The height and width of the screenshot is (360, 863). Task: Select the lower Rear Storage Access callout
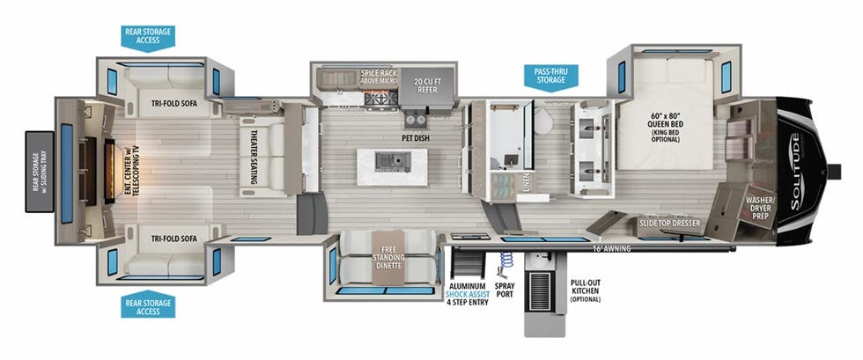coord(147,306)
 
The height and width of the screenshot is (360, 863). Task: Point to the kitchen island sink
coord(390,161)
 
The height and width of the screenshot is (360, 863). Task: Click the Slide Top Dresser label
coord(669,224)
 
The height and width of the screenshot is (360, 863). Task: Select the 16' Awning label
coord(611,249)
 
